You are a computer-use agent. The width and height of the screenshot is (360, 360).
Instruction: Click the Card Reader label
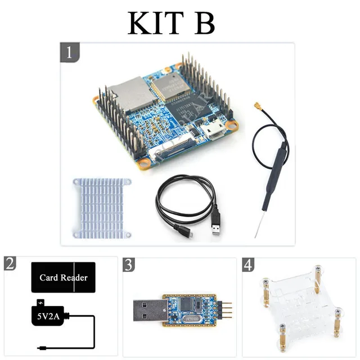tap(64, 277)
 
